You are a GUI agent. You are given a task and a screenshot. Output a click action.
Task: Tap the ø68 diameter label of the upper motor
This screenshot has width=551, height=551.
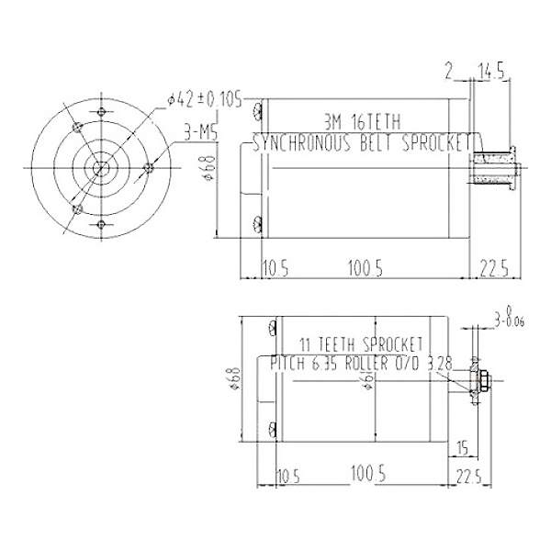210,169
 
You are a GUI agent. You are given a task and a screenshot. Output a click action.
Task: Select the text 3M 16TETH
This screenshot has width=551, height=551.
363,120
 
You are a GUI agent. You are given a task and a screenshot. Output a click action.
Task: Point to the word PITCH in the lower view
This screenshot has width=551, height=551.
288,365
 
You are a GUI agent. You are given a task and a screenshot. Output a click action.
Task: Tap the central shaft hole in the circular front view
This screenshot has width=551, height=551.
98,168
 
